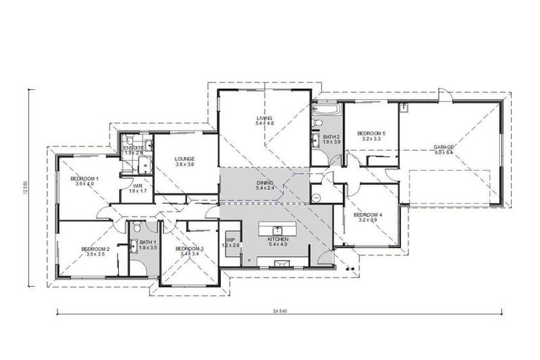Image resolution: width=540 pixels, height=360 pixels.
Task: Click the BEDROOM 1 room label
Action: point(84,179)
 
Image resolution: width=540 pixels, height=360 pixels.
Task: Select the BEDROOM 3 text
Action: point(189,249)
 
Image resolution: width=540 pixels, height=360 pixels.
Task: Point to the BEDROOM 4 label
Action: point(367,214)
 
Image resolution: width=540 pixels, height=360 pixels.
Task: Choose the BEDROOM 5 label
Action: point(371,133)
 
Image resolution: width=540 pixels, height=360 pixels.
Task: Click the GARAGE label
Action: point(444,147)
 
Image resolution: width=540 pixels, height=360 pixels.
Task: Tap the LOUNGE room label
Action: point(184,159)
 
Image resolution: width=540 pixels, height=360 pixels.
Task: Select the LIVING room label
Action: point(264,118)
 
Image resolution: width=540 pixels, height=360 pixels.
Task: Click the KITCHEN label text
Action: point(278,240)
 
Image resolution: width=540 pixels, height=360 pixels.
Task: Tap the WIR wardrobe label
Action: point(138,187)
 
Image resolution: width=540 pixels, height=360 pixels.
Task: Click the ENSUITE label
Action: point(134,148)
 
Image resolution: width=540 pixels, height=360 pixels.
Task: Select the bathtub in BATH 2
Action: point(326,109)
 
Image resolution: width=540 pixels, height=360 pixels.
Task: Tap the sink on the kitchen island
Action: point(278,229)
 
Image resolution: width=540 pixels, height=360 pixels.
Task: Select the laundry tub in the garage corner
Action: point(405,108)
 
